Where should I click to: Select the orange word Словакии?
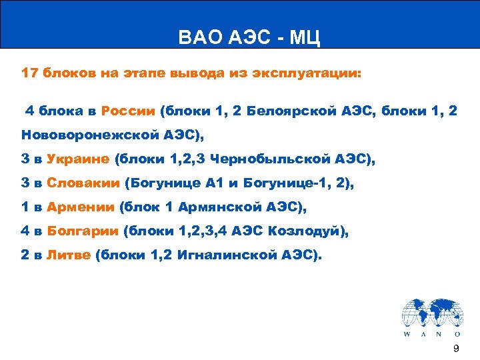click(x=83, y=183)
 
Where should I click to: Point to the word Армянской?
click(x=217, y=207)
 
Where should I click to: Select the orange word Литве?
click(x=69, y=255)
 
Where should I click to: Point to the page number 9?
click(x=456, y=349)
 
